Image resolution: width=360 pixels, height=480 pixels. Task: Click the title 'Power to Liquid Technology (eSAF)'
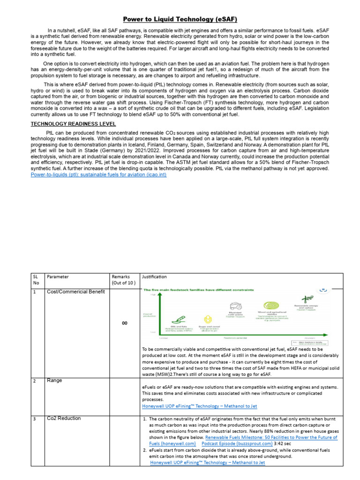[x=180, y=19]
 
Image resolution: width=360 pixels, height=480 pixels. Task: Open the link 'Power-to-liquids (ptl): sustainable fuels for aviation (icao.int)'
[x=98, y=174]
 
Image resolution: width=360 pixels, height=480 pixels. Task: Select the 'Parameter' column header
[x=58, y=277]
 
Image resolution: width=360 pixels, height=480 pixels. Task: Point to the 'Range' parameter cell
[x=55, y=381]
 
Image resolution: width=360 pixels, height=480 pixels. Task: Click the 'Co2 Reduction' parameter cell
[x=64, y=418]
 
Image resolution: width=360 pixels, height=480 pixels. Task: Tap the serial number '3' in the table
[x=34, y=418]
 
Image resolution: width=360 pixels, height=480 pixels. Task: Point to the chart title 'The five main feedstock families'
[x=186, y=291]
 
